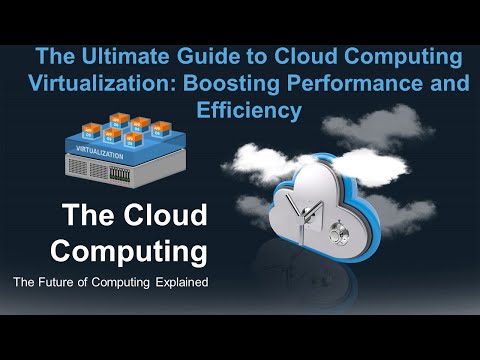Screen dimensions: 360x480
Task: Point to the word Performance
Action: tap(364, 84)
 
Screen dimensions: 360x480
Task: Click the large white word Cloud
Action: tap(160, 215)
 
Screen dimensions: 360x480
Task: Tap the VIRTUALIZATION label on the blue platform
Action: tap(100, 156)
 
